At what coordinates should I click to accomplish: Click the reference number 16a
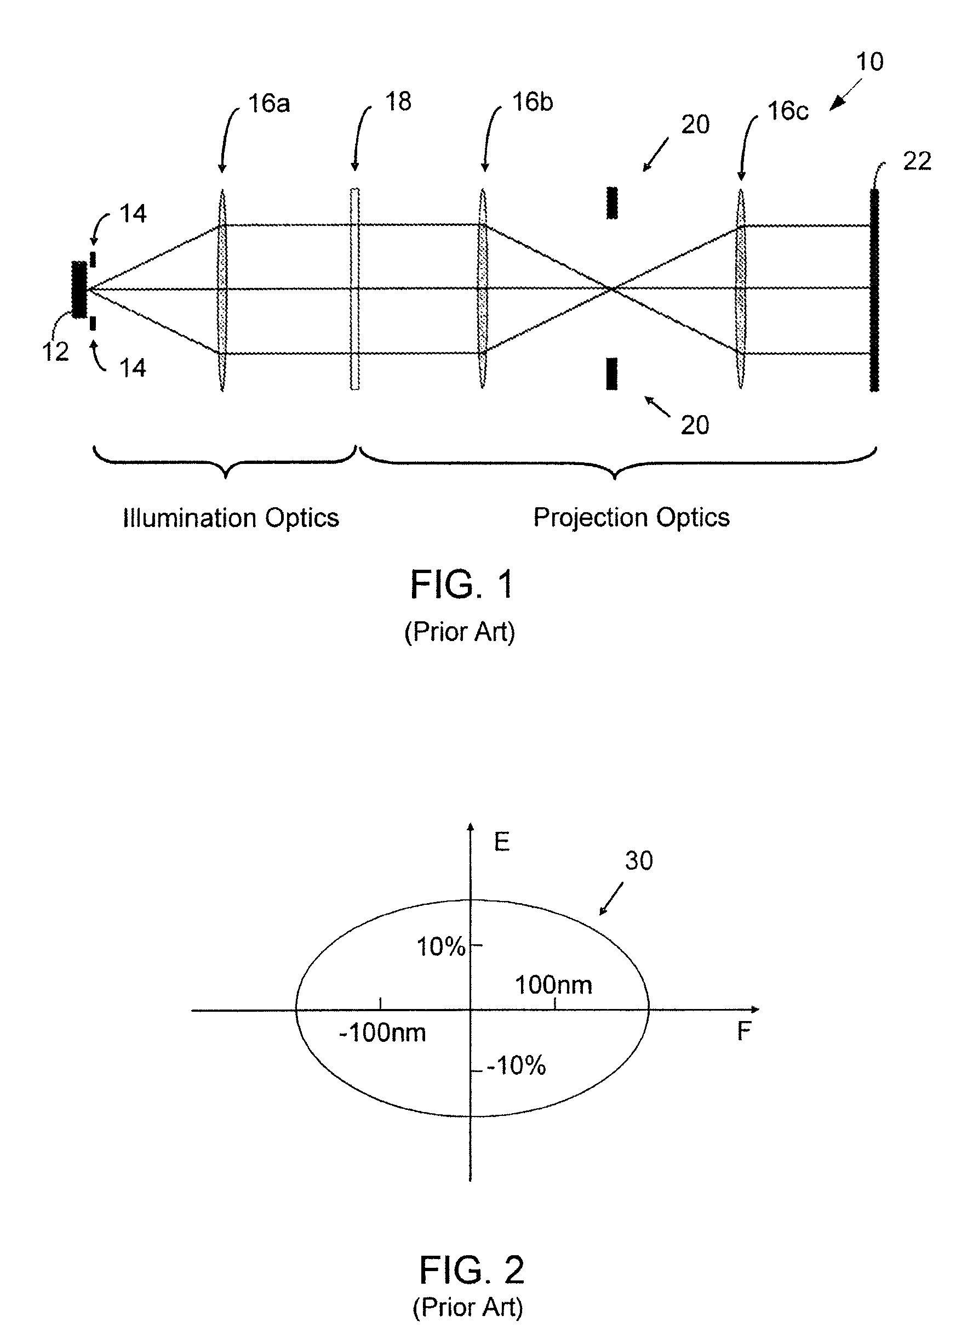268,104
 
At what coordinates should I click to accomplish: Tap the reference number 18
398,101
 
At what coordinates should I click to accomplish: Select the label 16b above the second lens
532,102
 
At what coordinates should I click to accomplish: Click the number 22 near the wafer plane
916,161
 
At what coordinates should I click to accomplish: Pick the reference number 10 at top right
869,61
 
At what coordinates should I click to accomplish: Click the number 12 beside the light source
55,351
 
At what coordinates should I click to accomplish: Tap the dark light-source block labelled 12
79,290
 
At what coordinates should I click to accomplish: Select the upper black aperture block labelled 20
611,203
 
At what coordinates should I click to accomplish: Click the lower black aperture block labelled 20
611,373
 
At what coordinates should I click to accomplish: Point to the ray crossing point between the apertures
612,289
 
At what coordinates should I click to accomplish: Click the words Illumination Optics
231,518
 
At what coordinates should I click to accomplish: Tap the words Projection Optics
631,517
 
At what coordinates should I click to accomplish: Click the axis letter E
502,842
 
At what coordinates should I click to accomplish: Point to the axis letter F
744,1031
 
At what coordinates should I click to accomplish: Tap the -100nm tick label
382,1033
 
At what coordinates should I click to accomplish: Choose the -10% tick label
516,1066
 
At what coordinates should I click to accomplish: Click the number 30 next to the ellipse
639,860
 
